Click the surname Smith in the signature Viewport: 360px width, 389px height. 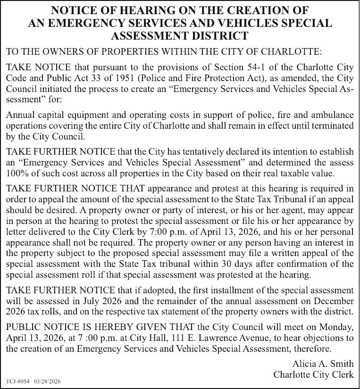340,364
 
